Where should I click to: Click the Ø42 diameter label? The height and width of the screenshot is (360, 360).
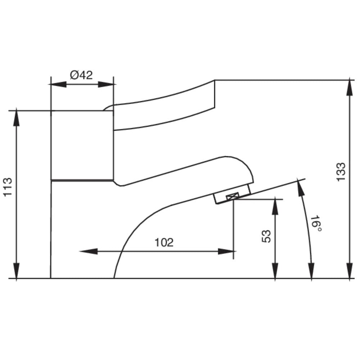tap(81, 75)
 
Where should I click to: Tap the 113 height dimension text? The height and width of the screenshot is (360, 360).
tap(8, 186)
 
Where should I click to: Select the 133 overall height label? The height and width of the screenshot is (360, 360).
tap(341, 172)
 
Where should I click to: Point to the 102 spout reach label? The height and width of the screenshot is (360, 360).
tap(164, 243)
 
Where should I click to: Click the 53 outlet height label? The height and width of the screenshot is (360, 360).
tap(266, 236)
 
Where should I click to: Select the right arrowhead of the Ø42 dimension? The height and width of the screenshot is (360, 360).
tap(106, 84)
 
